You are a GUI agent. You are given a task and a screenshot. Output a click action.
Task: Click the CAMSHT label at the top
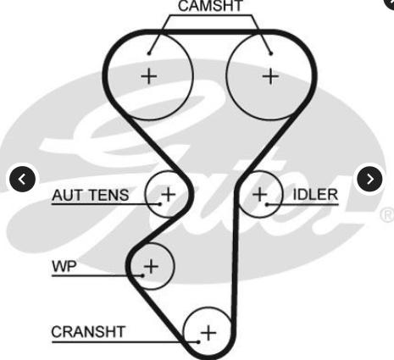tap(210, 6)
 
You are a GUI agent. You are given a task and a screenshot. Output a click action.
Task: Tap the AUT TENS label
tap(91, 195)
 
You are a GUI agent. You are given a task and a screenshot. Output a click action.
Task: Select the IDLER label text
tap(315, 195)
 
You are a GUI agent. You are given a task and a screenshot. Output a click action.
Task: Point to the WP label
tap(64, 266)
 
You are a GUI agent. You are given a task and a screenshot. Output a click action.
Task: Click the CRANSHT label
tap(88, 332)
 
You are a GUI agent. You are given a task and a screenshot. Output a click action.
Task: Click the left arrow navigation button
tap(22, 179)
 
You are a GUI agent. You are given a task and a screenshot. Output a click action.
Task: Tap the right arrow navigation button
tap(370, 179)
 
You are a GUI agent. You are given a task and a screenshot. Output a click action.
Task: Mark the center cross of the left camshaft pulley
tap(149, 76)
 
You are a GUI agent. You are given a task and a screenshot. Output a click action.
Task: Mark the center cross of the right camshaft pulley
tap(270, 76)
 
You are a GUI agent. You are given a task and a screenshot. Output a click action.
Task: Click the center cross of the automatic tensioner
tap(169, 194)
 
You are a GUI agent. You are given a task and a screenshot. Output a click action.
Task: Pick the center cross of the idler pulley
tap(259, 194)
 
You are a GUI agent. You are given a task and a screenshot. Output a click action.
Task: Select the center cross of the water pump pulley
tap(151, 266)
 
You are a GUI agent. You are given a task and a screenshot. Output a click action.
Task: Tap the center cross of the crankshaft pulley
tap(208, 333)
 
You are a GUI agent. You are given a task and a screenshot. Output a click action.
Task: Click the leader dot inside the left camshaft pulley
tap(149, 53)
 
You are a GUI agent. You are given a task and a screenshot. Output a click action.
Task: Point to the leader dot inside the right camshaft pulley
tap(271, 53)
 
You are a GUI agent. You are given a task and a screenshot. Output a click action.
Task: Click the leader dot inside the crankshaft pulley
tap(198, 342)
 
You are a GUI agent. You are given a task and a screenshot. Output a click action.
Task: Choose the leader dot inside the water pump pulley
tap(143, 275)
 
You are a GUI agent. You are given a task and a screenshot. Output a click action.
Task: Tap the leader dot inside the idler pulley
tap(267, 204)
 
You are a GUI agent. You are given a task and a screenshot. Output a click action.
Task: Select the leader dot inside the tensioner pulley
tap(160, 204)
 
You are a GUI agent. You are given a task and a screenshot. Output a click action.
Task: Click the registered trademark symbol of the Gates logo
tap(387, 215)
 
